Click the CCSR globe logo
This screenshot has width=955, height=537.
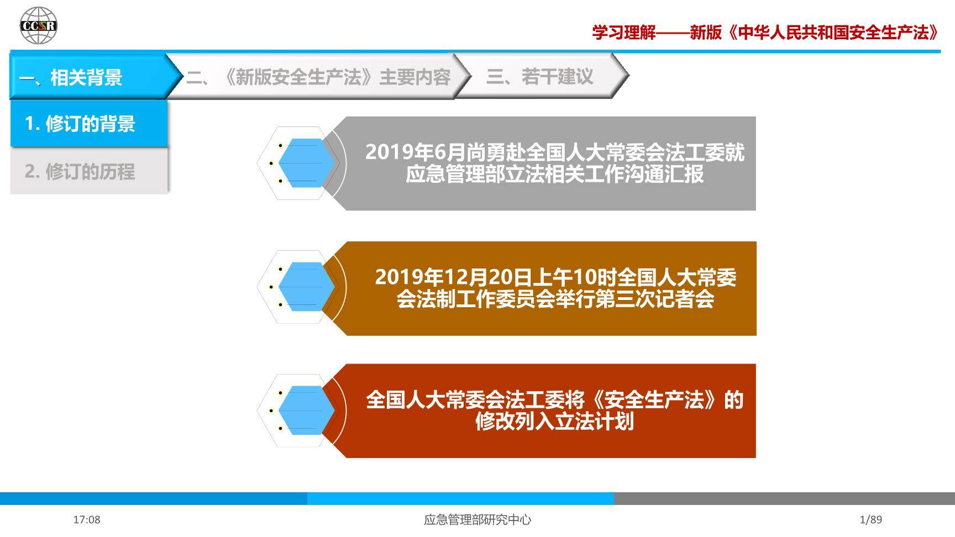(x=38, y=25)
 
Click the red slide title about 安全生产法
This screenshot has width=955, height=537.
(x=765, y=33)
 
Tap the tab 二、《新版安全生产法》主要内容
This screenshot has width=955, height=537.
(x=318, y=77)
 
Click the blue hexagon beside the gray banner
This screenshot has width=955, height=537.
(x=306, y=163)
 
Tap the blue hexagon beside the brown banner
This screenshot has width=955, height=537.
(x=306, y=287)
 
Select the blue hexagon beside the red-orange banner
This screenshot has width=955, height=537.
(x=306, y=410)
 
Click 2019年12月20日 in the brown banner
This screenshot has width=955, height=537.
(x=453, y=277)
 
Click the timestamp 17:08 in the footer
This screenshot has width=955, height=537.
(x=87, y=519)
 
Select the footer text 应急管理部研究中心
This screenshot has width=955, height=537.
(x=478, y=519)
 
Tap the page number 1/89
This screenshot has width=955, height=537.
(x=871, y=519)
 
